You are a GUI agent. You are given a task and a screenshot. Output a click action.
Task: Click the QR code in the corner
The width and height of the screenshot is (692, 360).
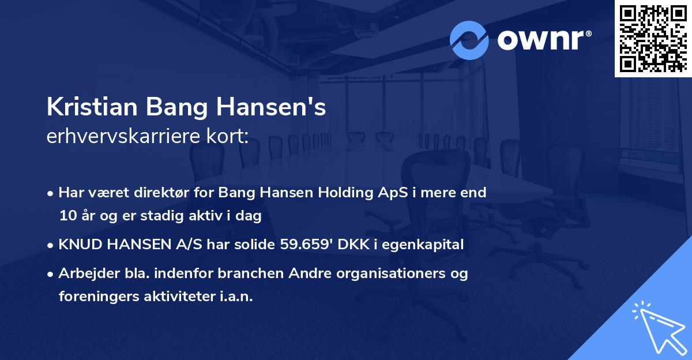[x=653, y=38]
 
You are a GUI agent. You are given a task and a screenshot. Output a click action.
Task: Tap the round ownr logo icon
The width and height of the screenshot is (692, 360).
[x=469, y=40]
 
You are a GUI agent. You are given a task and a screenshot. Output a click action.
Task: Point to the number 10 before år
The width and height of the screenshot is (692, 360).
[x=67, y=216]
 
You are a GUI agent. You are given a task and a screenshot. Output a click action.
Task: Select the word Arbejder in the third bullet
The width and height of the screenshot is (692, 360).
[x=84, y=273]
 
